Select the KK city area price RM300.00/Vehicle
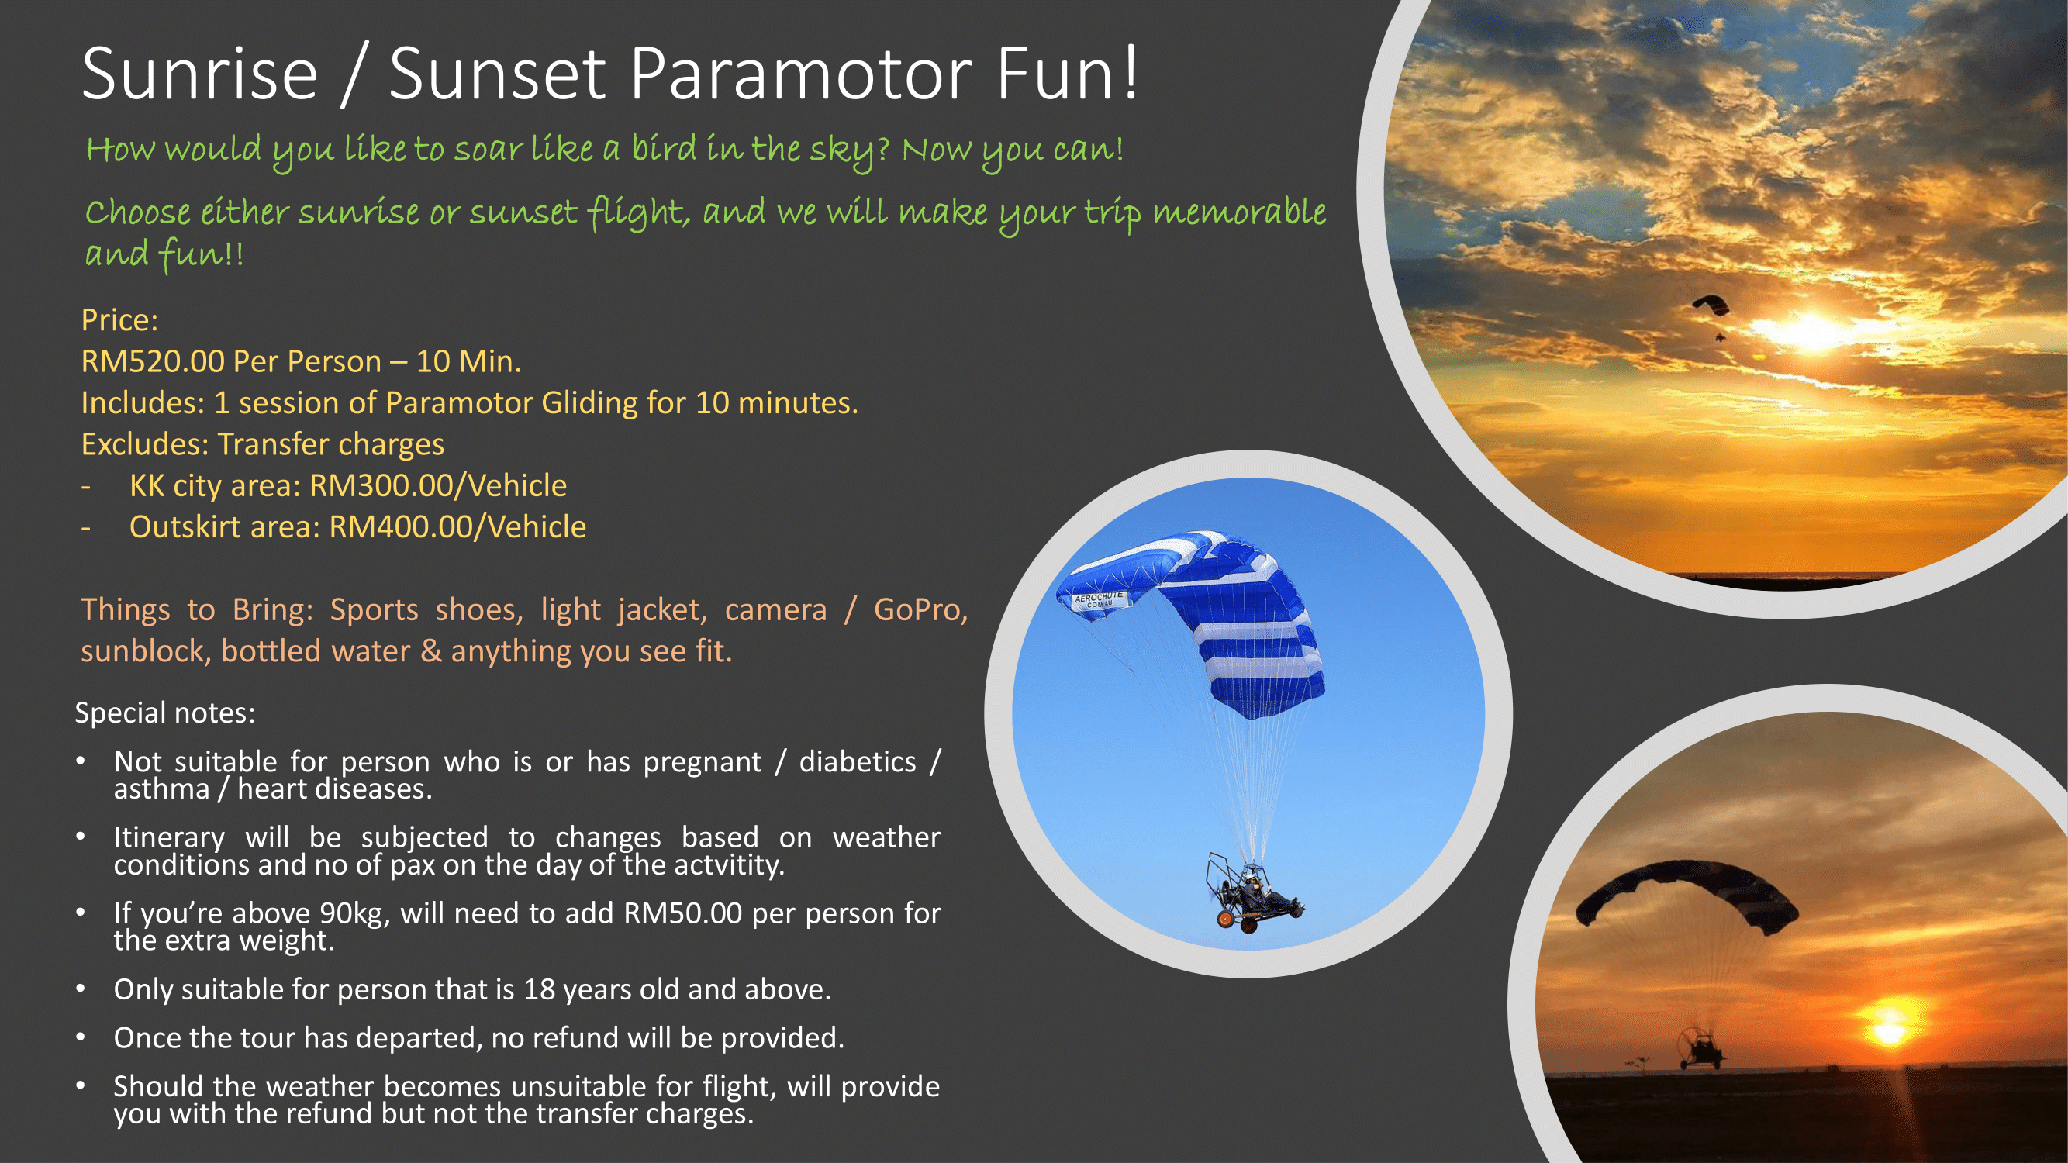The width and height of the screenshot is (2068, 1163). click(x=437, y=485)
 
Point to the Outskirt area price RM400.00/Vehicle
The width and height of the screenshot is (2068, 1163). click(x=457, y=527)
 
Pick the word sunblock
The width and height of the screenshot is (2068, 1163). click(x=145, y=651)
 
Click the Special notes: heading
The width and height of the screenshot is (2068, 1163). click(x=164, y=713)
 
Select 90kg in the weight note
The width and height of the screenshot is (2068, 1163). click(x=355, y=913)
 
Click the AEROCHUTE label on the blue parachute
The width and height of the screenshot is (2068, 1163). click(x=1099, y=599)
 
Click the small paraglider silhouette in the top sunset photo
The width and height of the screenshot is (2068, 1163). click(x=1711, y=310)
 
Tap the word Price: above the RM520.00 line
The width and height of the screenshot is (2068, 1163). click(x=119, y=320)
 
